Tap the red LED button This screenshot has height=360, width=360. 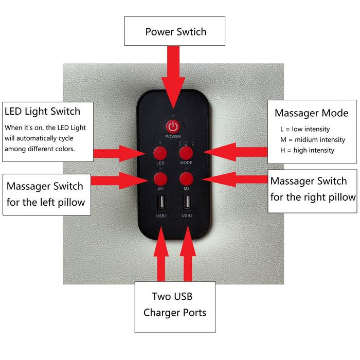click(x=160, y=152)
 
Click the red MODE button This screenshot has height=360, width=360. click(x=186, y=152)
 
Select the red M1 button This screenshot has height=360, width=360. click(x=160, y=178)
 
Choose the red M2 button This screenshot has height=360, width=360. click(x=186, y=178)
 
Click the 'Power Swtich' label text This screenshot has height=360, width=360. click(x=175, y=32)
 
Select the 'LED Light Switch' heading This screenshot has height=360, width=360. click(x=42, y=111)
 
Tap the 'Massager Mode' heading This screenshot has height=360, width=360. click(x=311, y=113)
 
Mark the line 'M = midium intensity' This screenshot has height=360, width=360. click(x=309, y=139)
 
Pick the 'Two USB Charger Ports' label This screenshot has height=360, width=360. click(x=175, y=304)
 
